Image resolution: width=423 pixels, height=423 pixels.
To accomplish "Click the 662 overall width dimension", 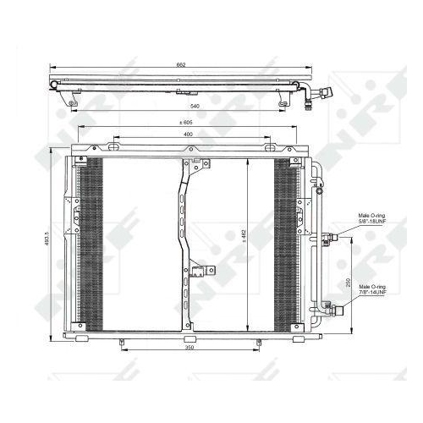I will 182,63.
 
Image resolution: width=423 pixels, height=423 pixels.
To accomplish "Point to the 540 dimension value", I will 194,106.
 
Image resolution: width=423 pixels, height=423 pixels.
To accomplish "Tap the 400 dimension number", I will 187,135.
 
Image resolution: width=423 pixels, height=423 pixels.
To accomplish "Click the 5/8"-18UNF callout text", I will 371,222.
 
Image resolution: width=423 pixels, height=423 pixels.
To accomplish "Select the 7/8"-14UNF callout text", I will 371,292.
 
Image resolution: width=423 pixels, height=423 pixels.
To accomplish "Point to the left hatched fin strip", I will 91,241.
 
